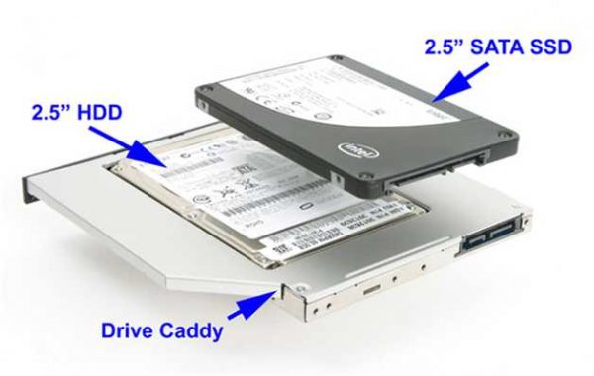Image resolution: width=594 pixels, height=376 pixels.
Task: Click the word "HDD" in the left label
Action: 96,112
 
